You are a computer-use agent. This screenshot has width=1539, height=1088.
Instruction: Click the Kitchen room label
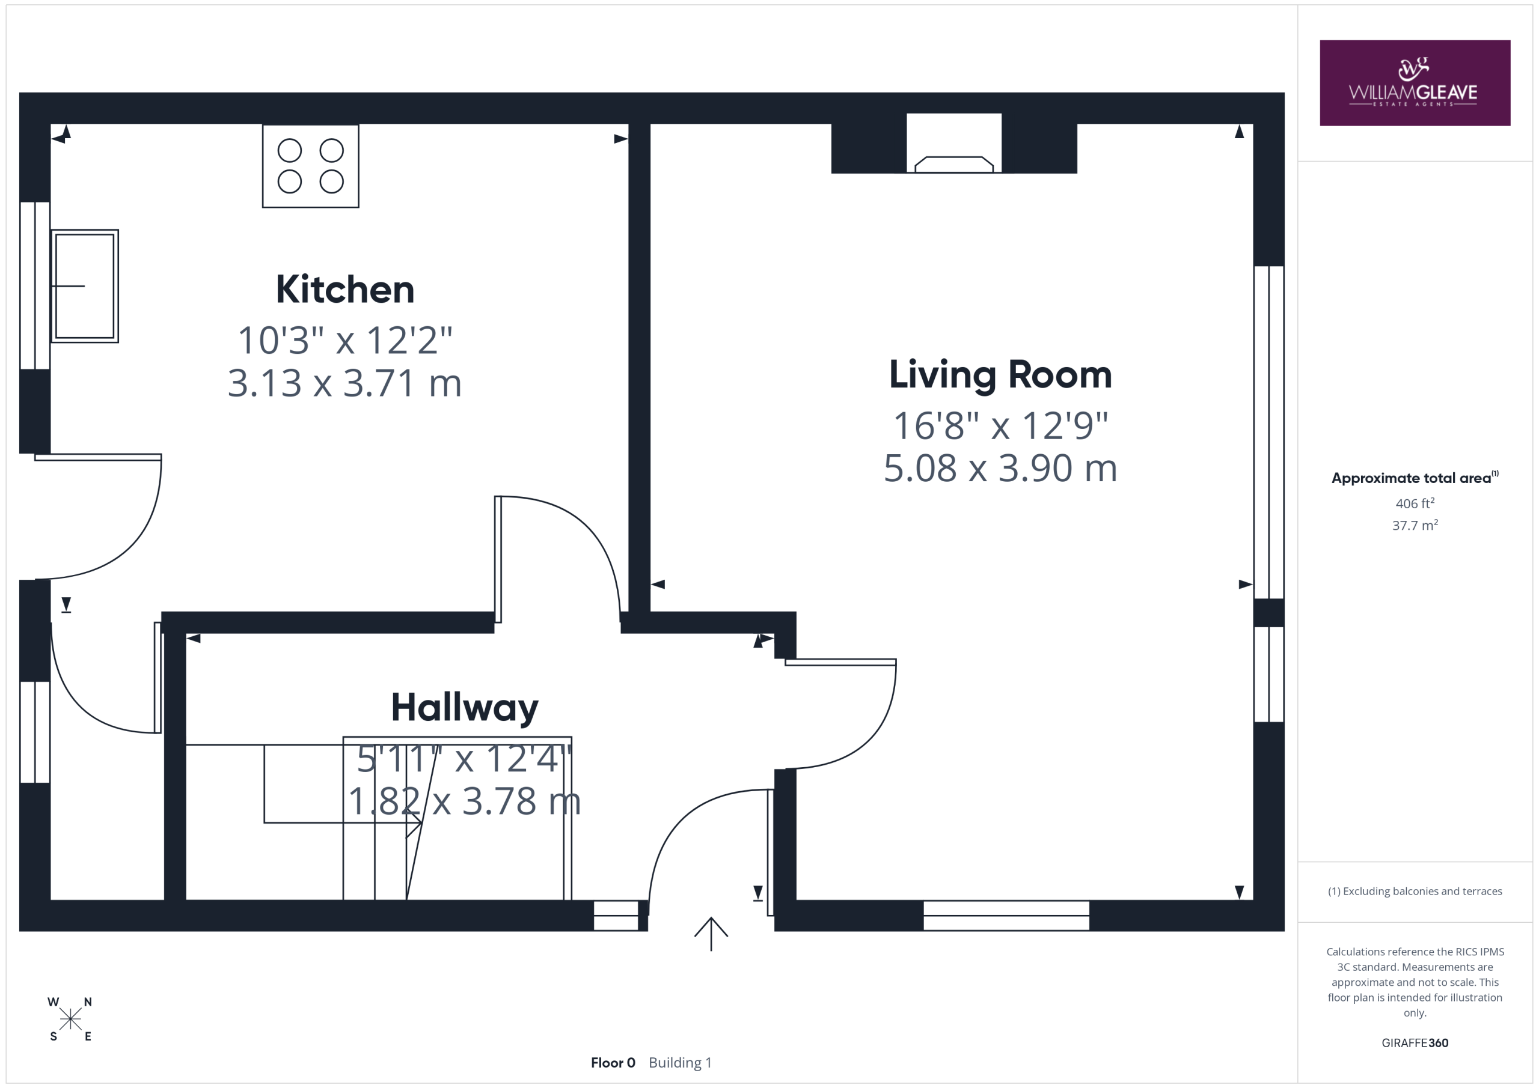[344, 290]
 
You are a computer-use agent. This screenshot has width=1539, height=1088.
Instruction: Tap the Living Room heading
[1000, 374]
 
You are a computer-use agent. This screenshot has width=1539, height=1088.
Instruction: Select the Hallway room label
[465, 708]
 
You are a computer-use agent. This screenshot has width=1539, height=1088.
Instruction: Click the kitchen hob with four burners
[310, 166]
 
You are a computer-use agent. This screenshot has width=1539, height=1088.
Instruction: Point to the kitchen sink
[85, 286]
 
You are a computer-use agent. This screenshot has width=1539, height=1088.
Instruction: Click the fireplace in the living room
[954, 144]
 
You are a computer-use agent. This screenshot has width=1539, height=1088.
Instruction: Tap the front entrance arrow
[711, 933]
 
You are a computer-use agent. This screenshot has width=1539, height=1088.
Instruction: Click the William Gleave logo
[1415, 83]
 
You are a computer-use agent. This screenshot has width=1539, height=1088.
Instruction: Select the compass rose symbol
[70, 1020]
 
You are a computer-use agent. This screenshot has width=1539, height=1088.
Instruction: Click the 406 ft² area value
[1415, 503]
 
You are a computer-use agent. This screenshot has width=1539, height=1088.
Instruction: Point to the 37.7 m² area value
[1415, 525]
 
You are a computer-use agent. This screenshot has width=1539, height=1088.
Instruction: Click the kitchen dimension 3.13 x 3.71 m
[344, 383]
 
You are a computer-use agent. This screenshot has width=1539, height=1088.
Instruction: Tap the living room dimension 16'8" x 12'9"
[1000, 425]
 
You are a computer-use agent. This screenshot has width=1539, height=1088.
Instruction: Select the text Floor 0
[613, 1063]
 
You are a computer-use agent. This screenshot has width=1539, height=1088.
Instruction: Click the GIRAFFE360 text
[1415, 1043]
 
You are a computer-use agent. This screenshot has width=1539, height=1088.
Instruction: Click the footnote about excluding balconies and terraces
[1415, 891]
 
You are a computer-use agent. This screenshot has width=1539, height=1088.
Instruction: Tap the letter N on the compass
[88, 1002]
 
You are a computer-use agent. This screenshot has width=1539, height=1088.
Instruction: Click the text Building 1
[680, 1063]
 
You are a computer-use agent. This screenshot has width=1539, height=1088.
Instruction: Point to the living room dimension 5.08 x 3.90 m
[1000, 468]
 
